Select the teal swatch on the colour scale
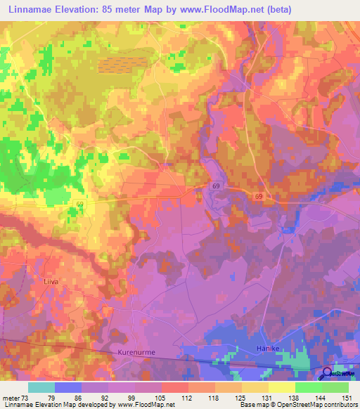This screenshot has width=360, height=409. pos(41,387)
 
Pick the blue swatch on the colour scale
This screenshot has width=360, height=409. pos(68,387)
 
